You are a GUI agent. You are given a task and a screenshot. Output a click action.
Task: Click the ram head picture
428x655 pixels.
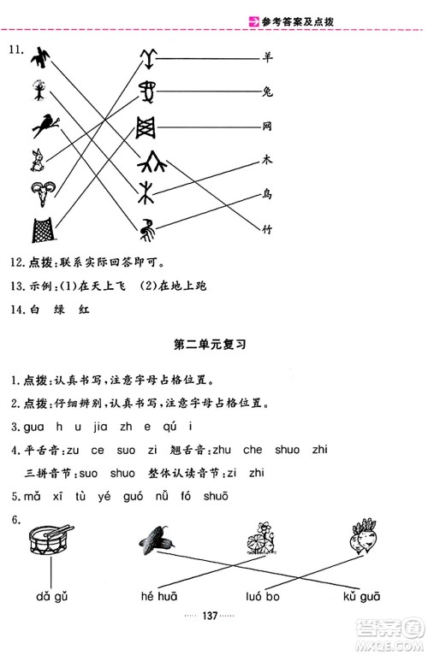[x=40, y=194]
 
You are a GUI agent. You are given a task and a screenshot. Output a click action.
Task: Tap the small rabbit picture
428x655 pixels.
[x=37, y=157]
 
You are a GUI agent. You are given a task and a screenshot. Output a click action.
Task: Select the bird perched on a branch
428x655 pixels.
[x=43, y=124]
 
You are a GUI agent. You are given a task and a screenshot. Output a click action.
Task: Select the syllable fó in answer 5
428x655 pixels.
[x=187, y=495]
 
